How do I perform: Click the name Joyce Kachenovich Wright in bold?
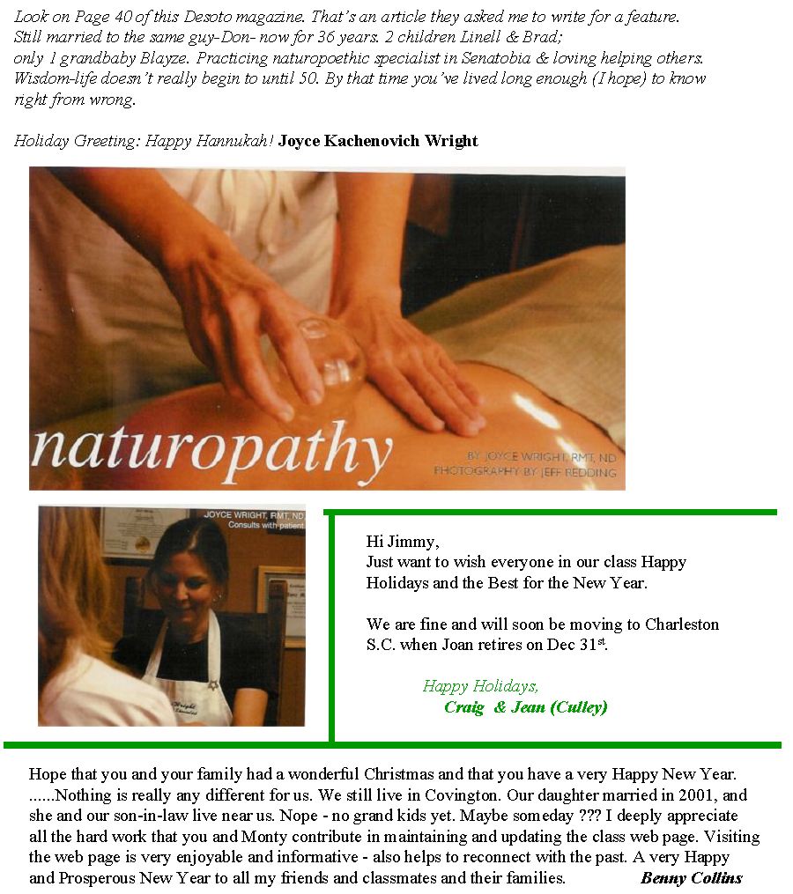point(378,141)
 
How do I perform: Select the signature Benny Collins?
point(692,877)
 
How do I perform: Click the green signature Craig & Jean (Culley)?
point(525,707)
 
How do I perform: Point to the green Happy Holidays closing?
point(480,686)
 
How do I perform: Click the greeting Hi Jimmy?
point(402,542)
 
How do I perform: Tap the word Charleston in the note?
point(682,624)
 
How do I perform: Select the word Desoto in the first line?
point(209,17)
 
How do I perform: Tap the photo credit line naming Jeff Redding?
point(525,472)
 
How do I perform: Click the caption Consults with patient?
point(266,525)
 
